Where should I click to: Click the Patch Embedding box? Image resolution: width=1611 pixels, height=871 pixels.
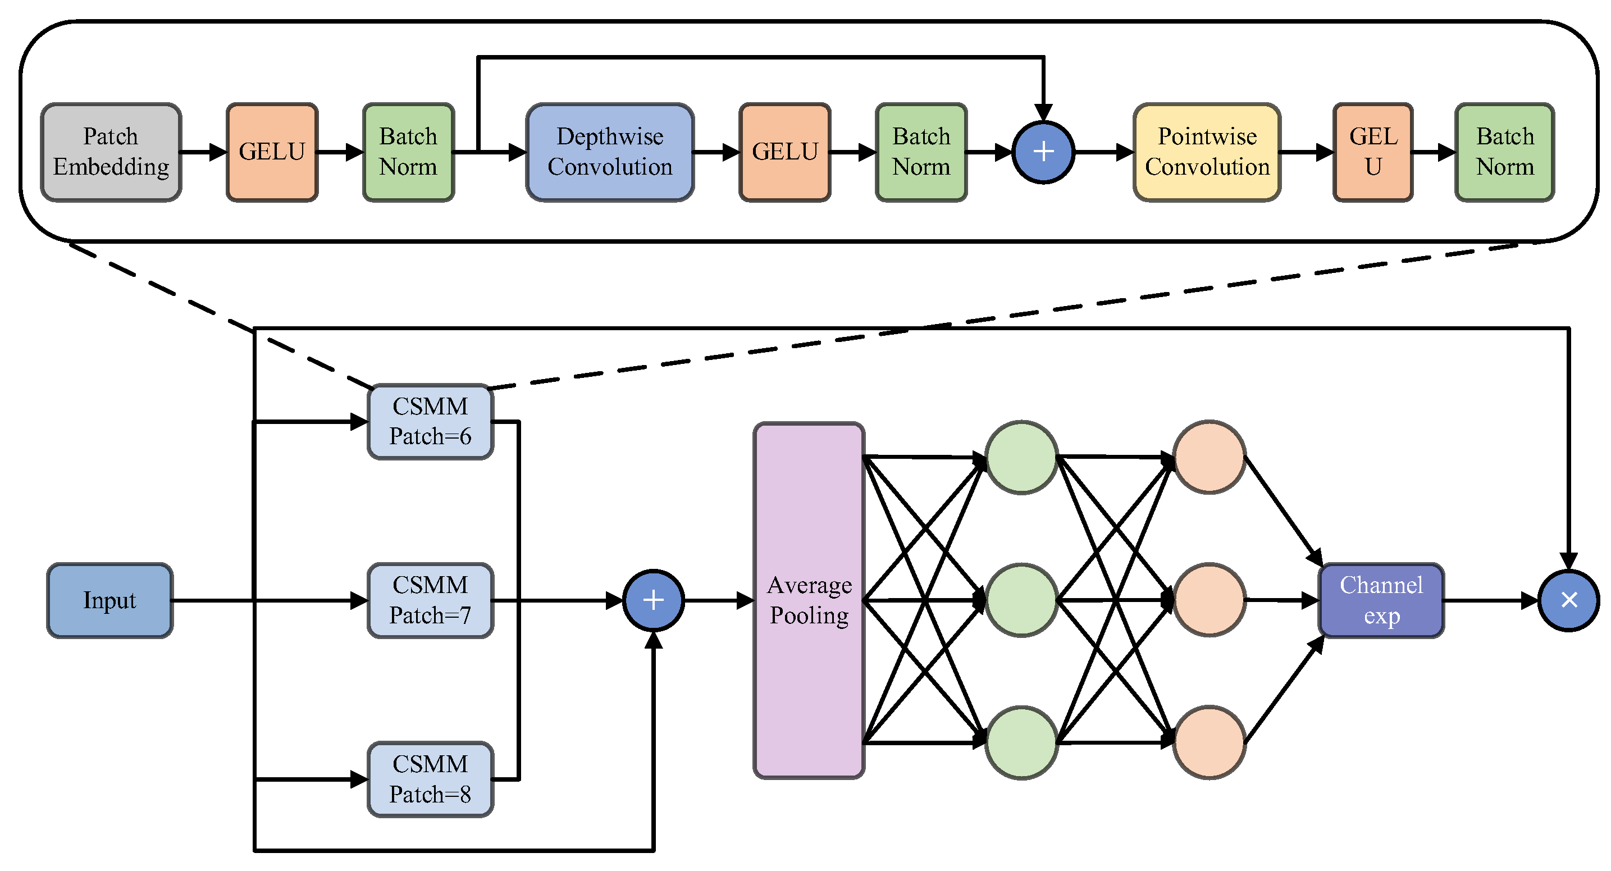pyautogui.click(x=111, y=152)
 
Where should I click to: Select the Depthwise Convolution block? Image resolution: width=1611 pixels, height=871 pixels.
pyautogui.click(x=610, y=152)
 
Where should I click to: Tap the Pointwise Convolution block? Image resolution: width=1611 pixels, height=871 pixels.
pyautogui.click(x=1207, y=152)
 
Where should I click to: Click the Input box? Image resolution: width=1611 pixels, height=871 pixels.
pyautogui.click(x=109, y=600)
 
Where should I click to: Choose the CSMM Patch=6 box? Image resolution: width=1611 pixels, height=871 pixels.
pyautogui.click(x=430, y=421)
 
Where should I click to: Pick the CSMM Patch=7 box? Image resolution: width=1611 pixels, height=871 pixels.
pyautogui.click(x=430, y=600)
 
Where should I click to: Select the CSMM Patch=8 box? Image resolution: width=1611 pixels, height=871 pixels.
pyautogui.click(x=430, y=779)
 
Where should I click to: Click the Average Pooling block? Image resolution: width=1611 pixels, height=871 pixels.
pyautogui.click(x=809, y=600)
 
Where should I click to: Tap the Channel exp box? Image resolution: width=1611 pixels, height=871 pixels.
pyautogui.click(x=1381, y=600)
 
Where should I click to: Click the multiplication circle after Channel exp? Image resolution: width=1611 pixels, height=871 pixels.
pyautogui.click(x=1568, y=600)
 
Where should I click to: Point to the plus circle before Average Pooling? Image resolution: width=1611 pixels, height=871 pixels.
pyautogui.click(x=654, y=600)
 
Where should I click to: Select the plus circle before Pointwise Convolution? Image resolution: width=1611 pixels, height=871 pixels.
pyautogui.click(x=1043, y=152)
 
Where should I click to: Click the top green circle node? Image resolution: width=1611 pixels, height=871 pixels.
pyautogui.click(x=1021, y=457)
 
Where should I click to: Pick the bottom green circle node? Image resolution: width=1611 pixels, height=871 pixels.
pyautogui.click(x=1021, y=743)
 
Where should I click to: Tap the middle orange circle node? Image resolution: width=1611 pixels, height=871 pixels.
pyautogui.click(x=1210, y=600)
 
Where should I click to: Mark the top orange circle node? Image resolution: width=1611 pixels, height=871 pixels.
pyautogui.click(x=1210, y=457)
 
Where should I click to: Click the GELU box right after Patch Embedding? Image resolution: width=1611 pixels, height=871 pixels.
pyautogui.click(x=272, y=152)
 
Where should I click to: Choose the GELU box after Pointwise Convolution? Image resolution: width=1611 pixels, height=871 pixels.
pyautogui.click(x=1373, y=152)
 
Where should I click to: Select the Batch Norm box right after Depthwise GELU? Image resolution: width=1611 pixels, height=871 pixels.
pyautogui.click(x=921, y=152)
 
